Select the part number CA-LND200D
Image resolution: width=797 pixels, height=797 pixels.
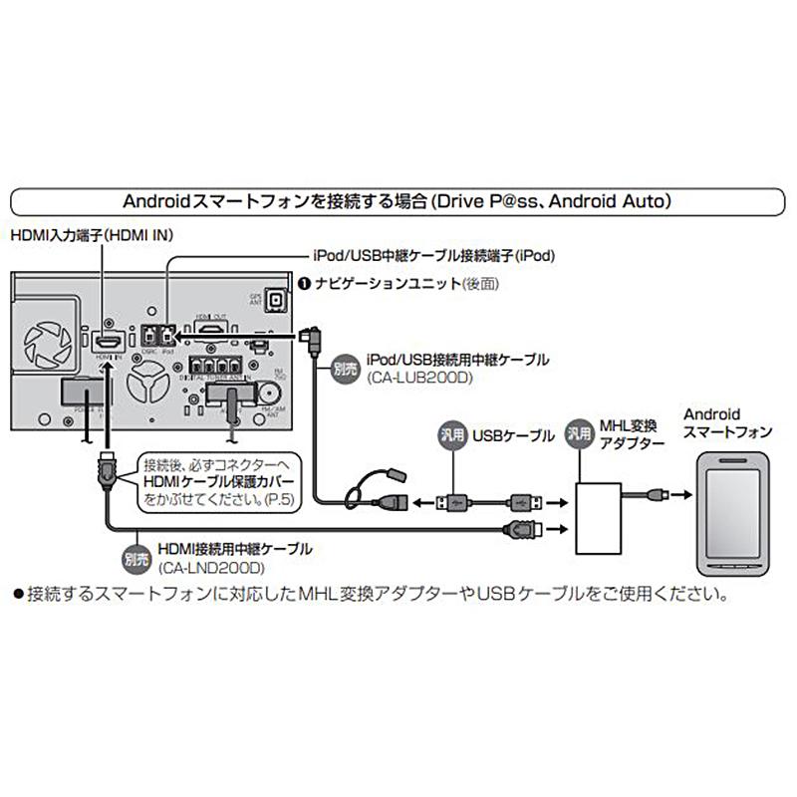(x=208, y=569)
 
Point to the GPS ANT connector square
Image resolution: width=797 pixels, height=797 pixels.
(x=281, y=303)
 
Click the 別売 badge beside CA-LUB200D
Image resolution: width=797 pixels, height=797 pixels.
(x=344, y=366)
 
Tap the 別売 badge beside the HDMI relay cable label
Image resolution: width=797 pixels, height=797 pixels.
(x=135, y=558)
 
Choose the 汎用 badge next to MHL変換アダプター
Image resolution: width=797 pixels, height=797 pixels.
(x=578, y=434)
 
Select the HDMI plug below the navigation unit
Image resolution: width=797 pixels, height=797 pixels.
(x=104, y=468)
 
